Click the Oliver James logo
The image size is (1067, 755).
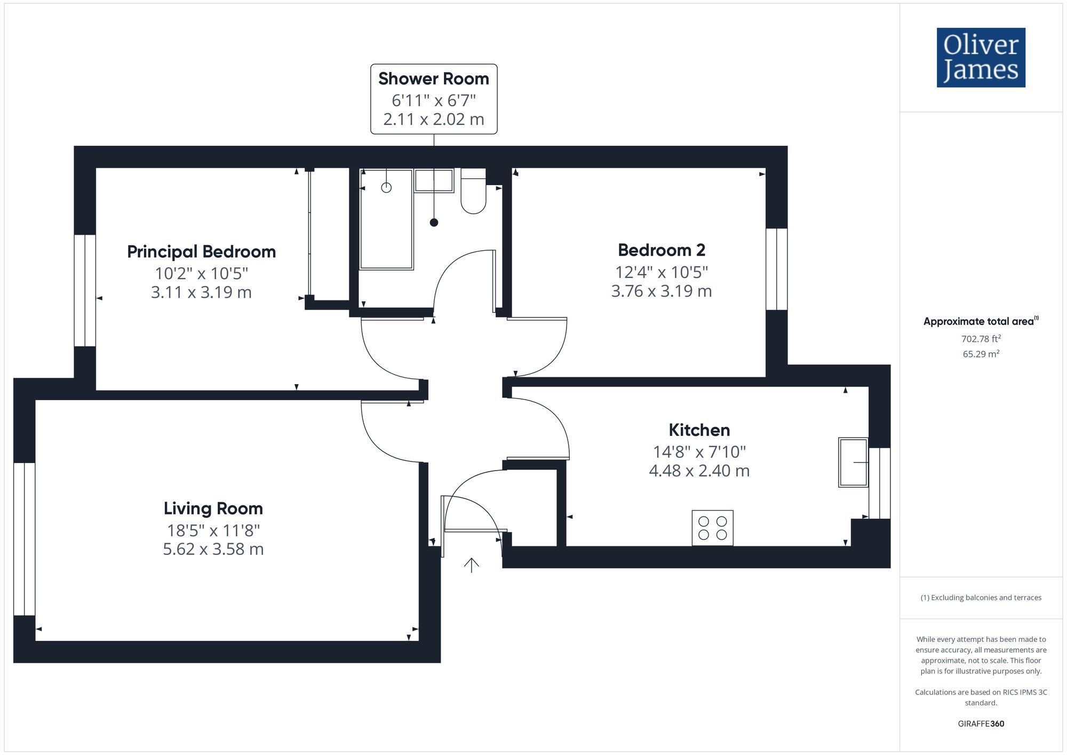981,58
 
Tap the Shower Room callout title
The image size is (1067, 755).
434,79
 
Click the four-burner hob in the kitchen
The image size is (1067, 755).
712,528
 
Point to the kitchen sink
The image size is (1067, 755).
853,462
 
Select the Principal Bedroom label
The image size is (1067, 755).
201,252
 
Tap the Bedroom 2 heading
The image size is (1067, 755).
661,250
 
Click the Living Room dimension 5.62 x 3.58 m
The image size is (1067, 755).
213,549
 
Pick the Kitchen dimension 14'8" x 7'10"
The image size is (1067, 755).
699,452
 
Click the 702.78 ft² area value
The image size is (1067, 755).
981,339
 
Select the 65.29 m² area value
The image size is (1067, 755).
981,354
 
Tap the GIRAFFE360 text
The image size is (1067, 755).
981,724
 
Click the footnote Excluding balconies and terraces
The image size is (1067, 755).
981,598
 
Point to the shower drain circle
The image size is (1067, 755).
386,188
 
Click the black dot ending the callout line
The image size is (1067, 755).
434,222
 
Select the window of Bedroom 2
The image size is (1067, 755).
777,269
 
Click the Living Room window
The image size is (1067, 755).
24,539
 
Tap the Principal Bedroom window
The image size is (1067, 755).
85,290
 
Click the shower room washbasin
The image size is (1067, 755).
434,180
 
